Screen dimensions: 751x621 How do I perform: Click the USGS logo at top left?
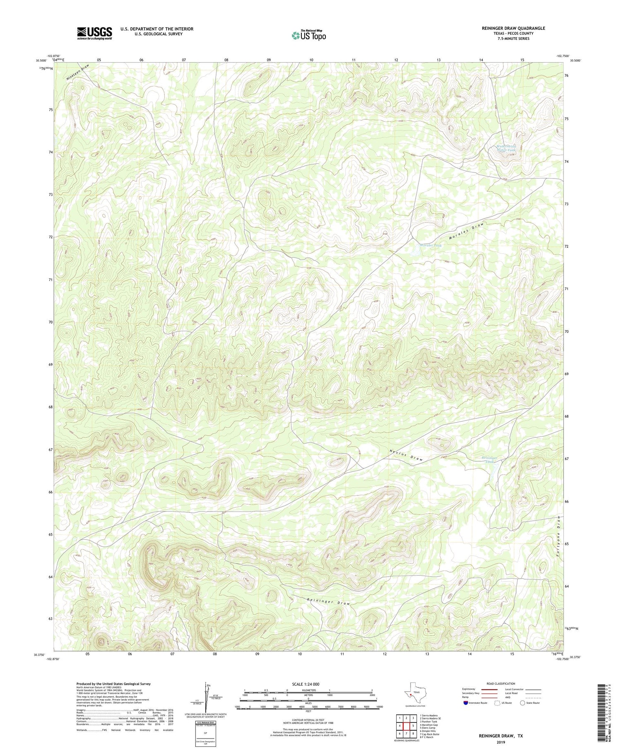[94, 33]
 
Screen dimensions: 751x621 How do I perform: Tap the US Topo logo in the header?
[308, 35]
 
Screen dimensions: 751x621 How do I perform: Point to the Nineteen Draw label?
[77, 72]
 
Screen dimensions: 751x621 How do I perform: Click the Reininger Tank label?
[490, 459]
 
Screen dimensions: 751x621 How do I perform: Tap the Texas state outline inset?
[414, 694]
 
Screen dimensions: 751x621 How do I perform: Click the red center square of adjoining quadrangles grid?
[407, 726]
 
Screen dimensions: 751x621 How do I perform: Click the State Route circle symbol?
[523, 703]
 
